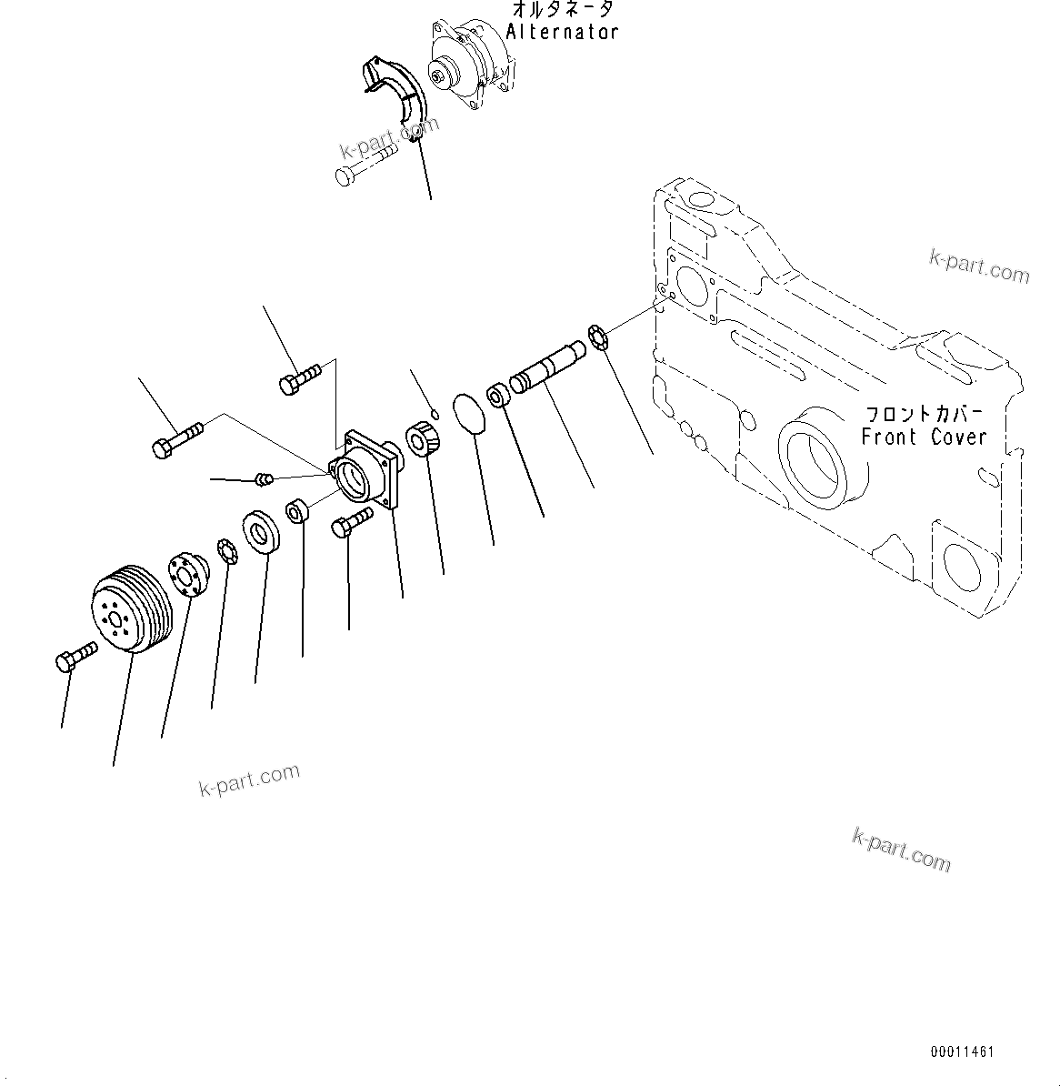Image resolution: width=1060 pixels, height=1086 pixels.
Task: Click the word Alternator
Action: (x=562, y=32)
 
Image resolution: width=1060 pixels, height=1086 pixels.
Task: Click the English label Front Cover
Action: (x=924, y=437)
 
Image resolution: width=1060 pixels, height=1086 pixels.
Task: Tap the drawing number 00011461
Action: (x=962, y=1052)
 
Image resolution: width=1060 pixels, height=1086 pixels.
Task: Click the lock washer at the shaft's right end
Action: (x=597, y=336)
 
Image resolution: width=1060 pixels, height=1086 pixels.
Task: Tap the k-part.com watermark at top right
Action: (x=979, y=267)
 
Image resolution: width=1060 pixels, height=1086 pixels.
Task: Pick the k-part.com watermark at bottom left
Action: (x=249, y=780)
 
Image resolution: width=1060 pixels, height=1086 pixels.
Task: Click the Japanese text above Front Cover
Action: (x=924, y=414)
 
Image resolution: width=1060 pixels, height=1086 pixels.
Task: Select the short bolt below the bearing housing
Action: (x=353, y=522)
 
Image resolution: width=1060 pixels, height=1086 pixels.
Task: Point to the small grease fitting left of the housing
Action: (x=265, y=478)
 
